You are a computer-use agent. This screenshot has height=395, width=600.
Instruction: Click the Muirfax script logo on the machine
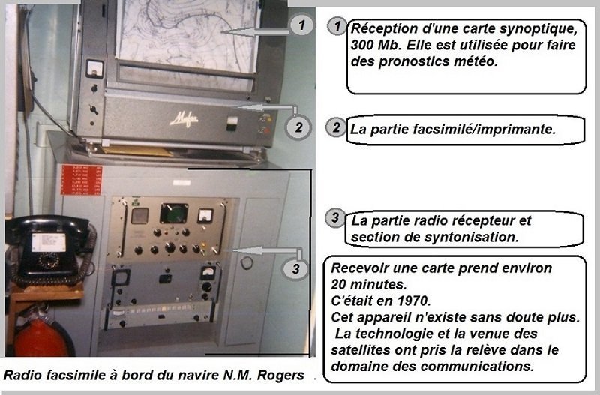184,120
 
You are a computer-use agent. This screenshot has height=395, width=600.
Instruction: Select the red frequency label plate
82,180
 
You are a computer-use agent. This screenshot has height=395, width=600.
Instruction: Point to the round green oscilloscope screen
174,213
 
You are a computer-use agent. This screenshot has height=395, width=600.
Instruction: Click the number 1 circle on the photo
301,25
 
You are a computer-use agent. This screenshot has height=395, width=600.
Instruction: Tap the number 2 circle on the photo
298,127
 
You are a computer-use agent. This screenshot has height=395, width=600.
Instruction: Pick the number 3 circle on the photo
295,269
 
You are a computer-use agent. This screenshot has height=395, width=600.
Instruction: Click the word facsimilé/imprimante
484,129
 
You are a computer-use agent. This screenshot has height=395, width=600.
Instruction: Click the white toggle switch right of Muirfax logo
232,123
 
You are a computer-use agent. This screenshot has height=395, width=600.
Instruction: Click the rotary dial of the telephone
49,261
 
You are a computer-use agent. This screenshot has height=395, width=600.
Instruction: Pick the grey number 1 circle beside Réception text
337,27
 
